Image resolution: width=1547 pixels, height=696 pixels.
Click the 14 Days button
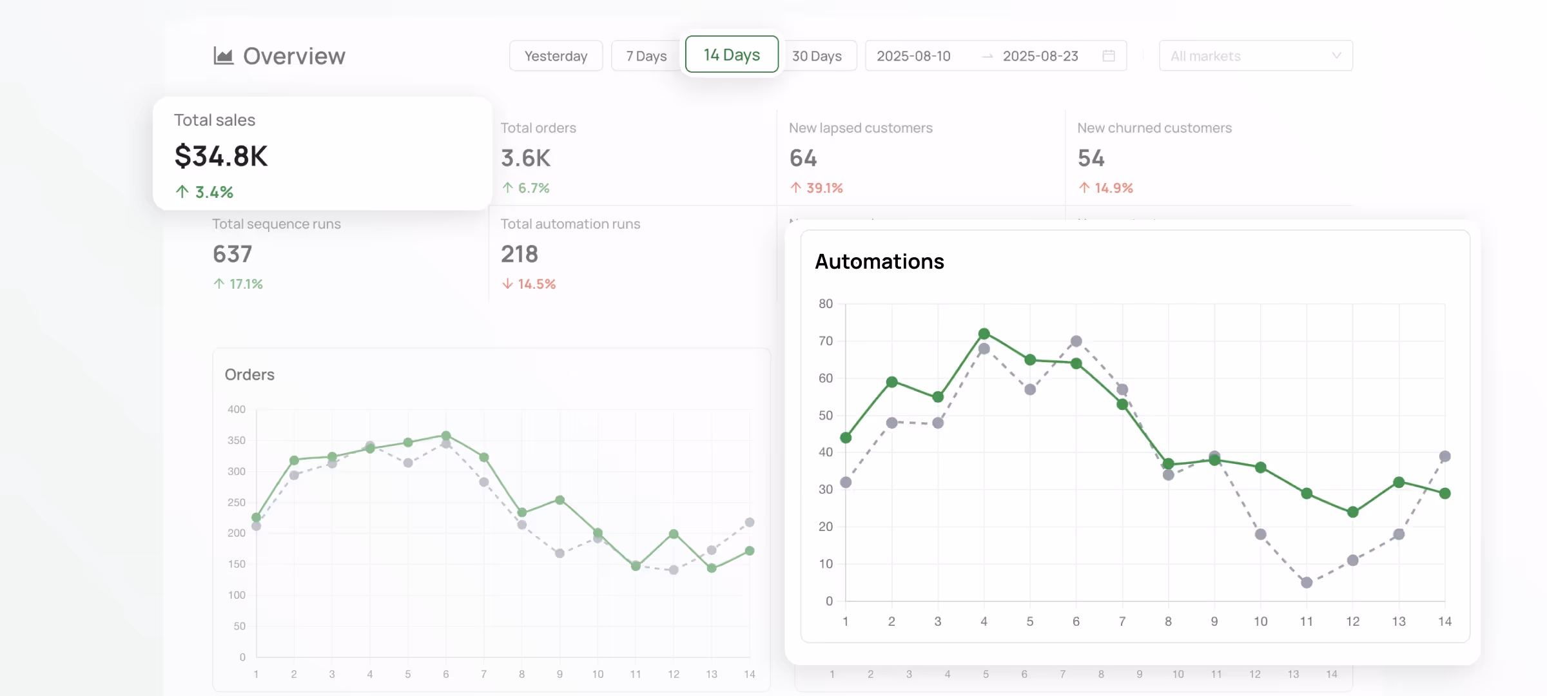(x=732, y=55)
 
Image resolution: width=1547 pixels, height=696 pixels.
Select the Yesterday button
(x=556, y=56)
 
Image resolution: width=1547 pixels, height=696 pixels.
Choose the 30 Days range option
(x=817, y=56)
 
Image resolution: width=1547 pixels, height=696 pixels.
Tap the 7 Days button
(x=646, y=56)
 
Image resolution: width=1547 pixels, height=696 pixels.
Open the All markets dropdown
(x=1255, y=56)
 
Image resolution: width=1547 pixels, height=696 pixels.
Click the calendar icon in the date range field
(x=1109, y=56)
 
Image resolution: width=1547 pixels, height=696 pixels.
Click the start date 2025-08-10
(x=913, y=56)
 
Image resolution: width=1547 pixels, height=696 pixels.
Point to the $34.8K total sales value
(x=221, y=156)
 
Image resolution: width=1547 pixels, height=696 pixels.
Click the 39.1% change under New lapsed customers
(x=824, y=188)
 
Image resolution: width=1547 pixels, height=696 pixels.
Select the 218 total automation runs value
(x=520, y=254)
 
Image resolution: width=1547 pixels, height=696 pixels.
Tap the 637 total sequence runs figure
(x=232, y=254)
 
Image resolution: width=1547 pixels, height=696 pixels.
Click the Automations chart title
(x=879, y=262)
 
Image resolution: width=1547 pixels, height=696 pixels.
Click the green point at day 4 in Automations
(x=984, y=334)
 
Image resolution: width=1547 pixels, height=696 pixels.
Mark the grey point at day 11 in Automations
(x=1307, y=583)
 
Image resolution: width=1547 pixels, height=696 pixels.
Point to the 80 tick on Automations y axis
(x=826, y=304)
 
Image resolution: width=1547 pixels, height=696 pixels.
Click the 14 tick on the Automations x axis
(x=1445, y=621)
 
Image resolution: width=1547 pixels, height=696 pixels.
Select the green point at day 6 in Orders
(x=446, y=436)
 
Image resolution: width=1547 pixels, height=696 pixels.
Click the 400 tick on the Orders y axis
(x=237, y=409)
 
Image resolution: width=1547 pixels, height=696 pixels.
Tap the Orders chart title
(x=249, y=374)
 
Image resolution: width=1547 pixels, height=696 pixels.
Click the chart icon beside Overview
(x=223, y=56)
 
